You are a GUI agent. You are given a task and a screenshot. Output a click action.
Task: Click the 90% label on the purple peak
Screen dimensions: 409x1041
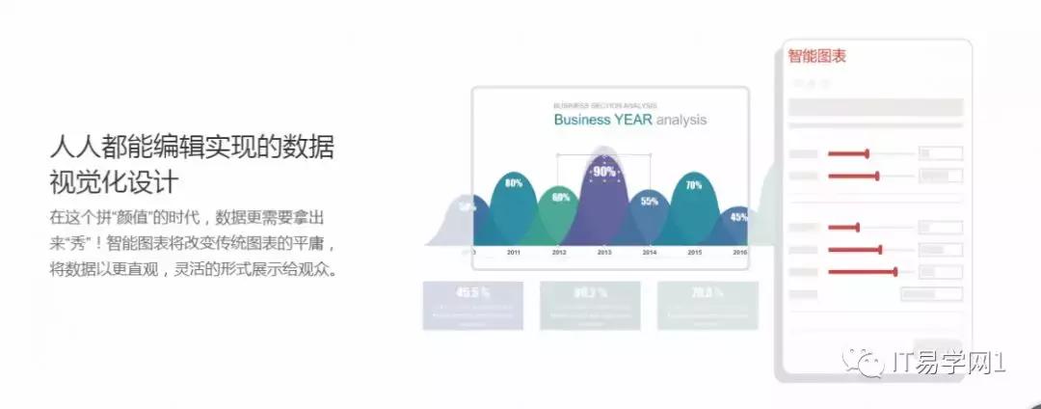[604, 172]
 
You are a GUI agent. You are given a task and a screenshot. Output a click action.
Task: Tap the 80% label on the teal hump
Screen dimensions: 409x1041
[514, 182]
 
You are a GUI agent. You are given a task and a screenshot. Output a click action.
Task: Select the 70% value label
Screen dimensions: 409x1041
[693, 184]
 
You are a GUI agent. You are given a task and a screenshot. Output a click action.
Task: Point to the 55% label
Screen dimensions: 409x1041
[650, 201]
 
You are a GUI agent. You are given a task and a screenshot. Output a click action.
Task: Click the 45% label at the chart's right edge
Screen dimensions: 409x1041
[738, 217]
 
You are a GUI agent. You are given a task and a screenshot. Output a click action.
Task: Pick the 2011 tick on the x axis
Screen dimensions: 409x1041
[514, 252]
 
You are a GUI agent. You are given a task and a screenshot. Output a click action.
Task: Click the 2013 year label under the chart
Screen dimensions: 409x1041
[604, 252]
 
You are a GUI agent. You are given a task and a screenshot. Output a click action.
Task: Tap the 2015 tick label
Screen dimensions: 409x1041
[694, 252]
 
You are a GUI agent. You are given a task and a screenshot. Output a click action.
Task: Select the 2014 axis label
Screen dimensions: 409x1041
[650, 252]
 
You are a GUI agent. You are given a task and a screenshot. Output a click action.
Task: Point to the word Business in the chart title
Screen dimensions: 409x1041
[582, 121]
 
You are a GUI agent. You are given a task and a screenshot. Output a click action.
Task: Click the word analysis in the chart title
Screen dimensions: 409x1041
[681, 121]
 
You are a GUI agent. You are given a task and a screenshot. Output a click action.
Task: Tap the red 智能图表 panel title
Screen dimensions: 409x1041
[817, 56]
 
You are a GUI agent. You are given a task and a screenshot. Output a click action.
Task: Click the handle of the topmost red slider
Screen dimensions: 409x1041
[867, 152]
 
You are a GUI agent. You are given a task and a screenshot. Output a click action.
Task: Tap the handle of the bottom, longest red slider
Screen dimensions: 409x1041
[895, 272]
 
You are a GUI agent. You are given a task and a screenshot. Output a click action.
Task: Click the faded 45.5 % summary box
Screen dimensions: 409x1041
[472, 305]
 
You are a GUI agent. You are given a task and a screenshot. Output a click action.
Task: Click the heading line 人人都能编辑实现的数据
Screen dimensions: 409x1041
[192, 147]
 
